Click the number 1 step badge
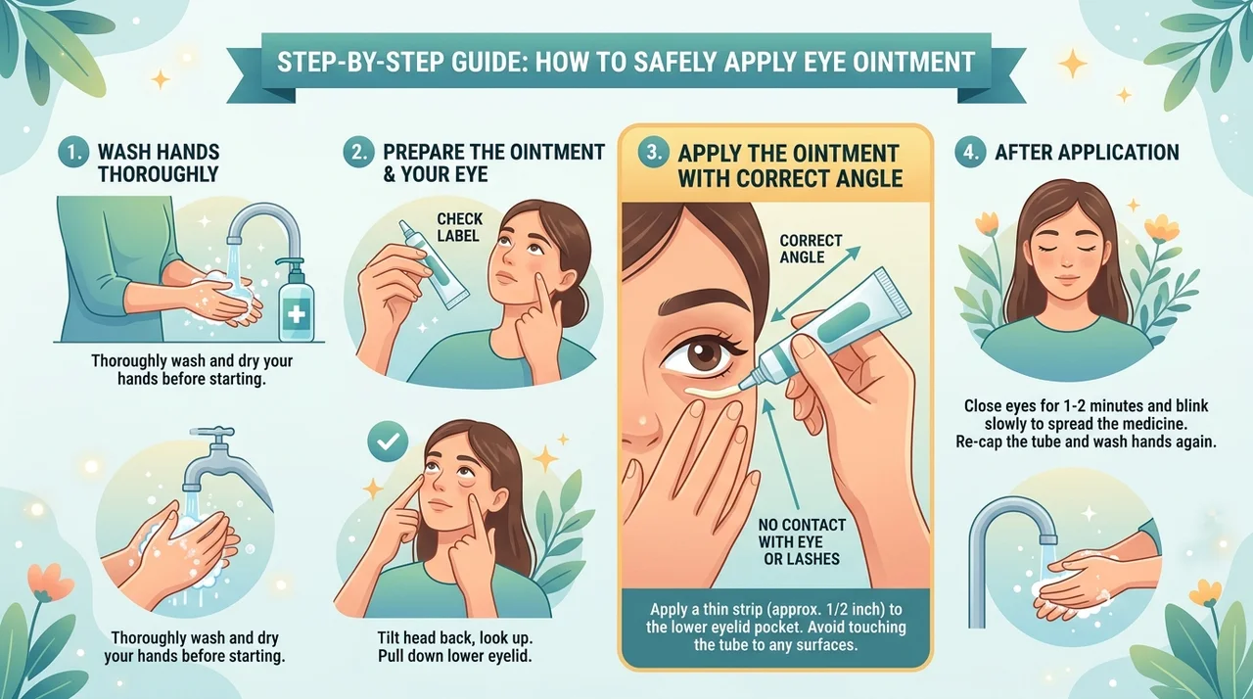(x=72, y=153)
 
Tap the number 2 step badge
(x=358, y=153)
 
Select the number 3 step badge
(x=653, y=153)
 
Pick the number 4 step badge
(x=970, y=153)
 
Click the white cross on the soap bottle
(x=296, y=313)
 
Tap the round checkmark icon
(x=389, y=442)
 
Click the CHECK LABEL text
(x=460, y=227)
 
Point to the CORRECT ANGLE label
(x=811, y=249)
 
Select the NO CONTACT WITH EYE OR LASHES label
(x=802, y=541)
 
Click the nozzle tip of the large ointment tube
(x=743, y=385)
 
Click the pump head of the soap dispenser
(x=289, y=263)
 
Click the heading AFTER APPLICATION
(x=1087, y=152)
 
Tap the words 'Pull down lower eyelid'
(x=454, y=655)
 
